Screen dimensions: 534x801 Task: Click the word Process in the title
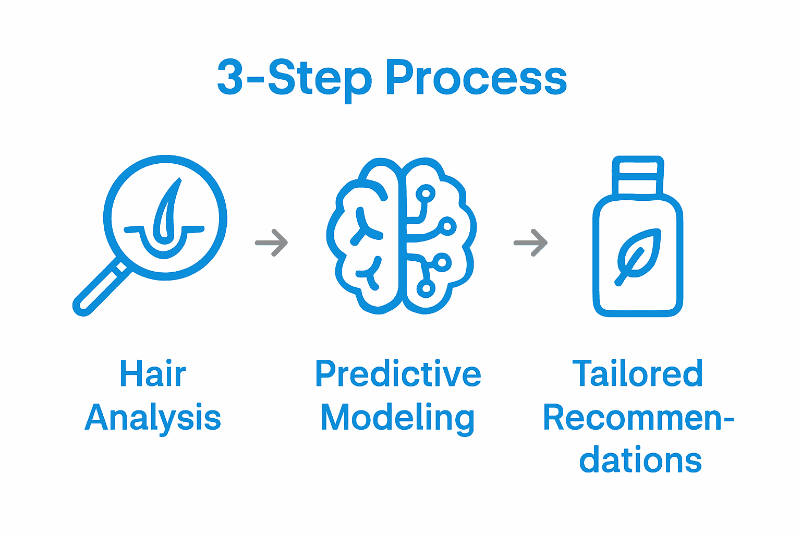pyautogui.click(x=476, y=78)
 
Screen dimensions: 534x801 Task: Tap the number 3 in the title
pyautogui.click(x=230, y=78)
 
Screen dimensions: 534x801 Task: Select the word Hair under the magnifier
pyautogui.click(x=152, y=373)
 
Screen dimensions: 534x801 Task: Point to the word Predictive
pyautogui.click(x=398, y=373)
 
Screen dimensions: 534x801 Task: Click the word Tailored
pyautogui.click(x=637, y=373)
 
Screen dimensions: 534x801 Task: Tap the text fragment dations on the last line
pyautogui.click(x=640, y=460)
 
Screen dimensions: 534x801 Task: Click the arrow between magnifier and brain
pyautogui.click(x=272, y=242)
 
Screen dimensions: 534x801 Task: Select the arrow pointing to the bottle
pyautogui.click(x=530, y=242)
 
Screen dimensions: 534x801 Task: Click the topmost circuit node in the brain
pyautogui.click(x=426, y=194)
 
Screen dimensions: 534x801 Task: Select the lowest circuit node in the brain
pyautogui.click(x=426, y=287)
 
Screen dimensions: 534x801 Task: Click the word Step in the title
pyautogui.click(x=319, y=78)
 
